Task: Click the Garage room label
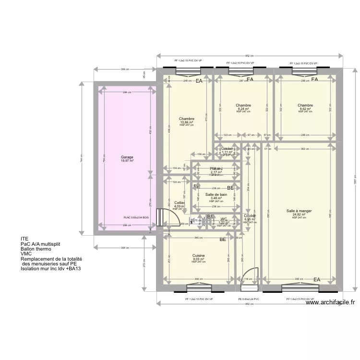pyautogui.click(x=127, y=157)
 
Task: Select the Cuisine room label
pyautogui.click(x=199, y=255)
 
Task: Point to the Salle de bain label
pyautogui.click(x=216, y=194)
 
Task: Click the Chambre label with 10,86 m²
pyautogui.click(x=186, y=119)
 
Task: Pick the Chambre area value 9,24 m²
pyautogui.click(x=243, y=109)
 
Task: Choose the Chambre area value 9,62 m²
pyautogui.click(x=305, y=109)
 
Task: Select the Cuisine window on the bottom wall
pyautogui.click(x=199, y=288)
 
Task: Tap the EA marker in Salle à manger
pyautogui.click(x=317, y=279)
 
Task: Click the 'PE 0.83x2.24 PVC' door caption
pyautogui.click(x=249, y=299)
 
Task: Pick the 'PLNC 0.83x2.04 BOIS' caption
pyautogui.click(x=136, y=217)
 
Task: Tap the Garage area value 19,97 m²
pyautogui.click(x=127, y=161)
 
